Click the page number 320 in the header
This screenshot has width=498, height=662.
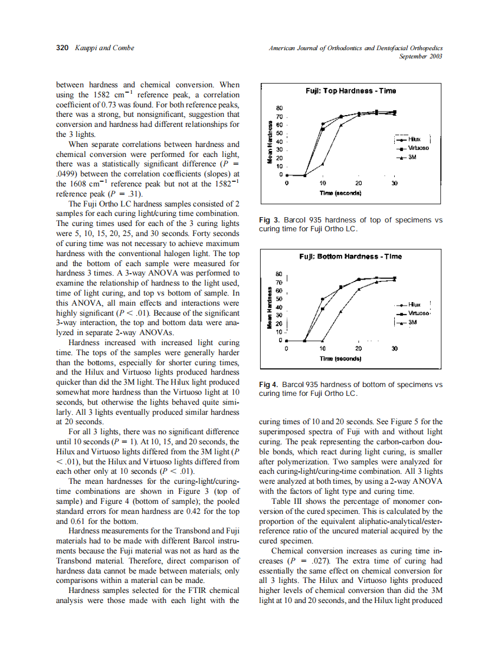tap(62, 48)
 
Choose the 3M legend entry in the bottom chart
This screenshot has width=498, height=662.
tap(412, 323)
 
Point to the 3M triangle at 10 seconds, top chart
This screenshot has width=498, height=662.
tap(323, 164)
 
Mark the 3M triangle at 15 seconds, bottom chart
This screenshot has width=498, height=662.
tap(341, 310)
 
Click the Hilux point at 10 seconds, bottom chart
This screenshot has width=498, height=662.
tap(323, 299)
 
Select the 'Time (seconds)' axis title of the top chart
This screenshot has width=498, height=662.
tap(340, 193)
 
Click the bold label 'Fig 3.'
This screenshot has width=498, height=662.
tap(269, 220)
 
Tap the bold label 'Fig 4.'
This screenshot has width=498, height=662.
tap(269, 385)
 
